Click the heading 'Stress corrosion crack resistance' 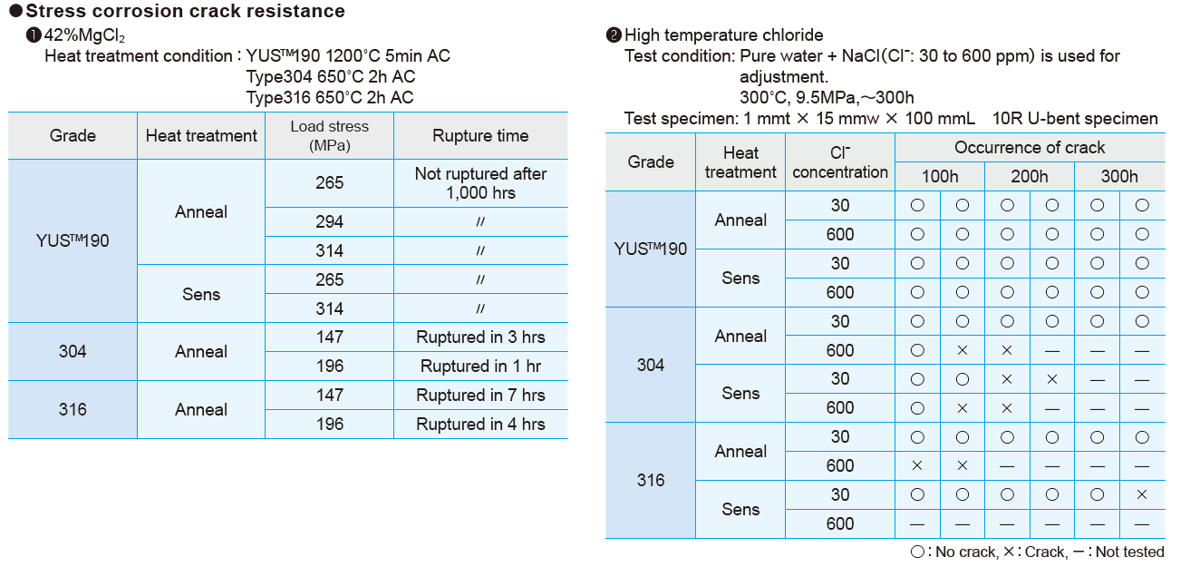(185, 11)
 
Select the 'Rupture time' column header (480, 136)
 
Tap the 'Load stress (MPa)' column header (329, 136)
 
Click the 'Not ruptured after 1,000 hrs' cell (480, 183)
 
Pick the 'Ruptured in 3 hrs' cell (480, 337)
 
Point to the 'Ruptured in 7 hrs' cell (480, 396)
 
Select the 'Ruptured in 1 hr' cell (480, 367)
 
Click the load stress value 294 (329, 222)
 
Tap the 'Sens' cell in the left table (201, 294)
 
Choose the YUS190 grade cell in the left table (73, 241)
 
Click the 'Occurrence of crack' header (1030, 148)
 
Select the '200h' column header (1030, 177)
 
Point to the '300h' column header (1119, 177)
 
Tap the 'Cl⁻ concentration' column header (840, 162)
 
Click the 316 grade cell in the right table (651, 481)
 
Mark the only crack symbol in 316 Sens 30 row (1142, 495)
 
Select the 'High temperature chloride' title (723, 35)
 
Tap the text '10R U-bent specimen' (1075, 119)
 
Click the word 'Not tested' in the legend (1130, 552)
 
